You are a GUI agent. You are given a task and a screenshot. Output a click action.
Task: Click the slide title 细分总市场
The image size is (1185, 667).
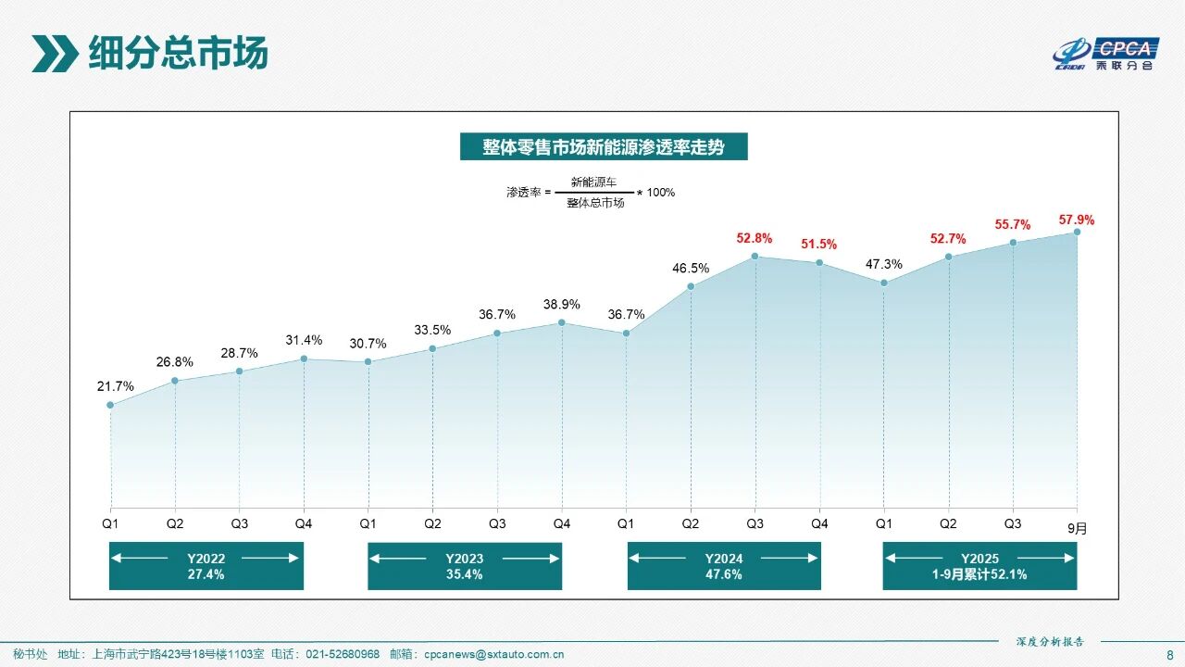(x=178, y=54)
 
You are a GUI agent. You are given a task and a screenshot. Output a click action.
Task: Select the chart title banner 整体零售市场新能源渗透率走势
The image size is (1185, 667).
(x=603, y=146)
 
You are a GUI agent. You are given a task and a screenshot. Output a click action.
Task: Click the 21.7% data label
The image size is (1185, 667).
(x=116, y=386)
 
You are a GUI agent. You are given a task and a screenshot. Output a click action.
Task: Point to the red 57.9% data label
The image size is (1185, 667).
(x=1077, y=220)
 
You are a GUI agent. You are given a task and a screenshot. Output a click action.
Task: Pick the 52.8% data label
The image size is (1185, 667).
(x=755, y=238)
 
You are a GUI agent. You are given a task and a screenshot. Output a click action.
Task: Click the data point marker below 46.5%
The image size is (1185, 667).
(x=691, y=286)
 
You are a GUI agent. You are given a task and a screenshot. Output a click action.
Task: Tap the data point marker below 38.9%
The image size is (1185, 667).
(x=562, y=322)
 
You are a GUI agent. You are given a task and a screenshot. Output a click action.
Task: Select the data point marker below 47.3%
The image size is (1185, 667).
(x=884, y=283)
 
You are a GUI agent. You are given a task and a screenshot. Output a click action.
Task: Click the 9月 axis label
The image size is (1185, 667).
(x=1077, y=529)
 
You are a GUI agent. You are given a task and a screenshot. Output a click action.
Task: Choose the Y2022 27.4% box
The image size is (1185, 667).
(x=206, y=566)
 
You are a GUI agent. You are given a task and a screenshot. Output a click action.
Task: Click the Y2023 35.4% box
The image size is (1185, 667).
(x=465, y=566)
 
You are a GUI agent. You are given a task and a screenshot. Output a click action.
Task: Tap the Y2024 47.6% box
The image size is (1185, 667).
(x=724, y=566)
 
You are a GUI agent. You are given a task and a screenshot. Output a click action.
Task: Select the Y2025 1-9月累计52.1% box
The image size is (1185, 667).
(x=979, y=566)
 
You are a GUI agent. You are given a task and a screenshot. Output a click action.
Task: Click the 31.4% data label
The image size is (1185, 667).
(x=304, y=340)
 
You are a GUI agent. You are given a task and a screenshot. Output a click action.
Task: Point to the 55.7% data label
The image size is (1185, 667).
(x=1013, y=224)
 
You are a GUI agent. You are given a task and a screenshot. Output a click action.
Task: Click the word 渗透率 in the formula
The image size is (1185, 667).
(x=523, y=193)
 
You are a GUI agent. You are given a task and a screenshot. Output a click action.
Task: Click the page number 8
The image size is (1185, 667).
(x=1168, y=654)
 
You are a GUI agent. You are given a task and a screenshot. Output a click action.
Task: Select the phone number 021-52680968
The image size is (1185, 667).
(x=343, y=654)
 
